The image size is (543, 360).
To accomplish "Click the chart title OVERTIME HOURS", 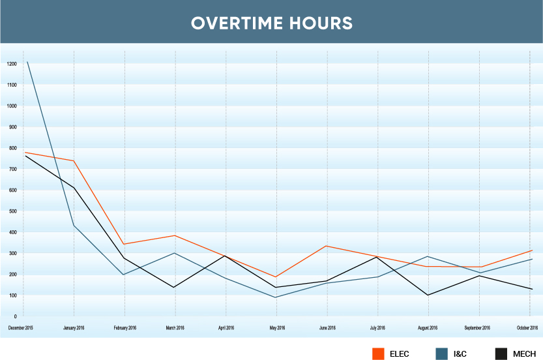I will click(271, 23).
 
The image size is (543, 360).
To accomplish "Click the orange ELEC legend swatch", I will click(377, 353).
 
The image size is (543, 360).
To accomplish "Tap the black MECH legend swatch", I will click(501, 353).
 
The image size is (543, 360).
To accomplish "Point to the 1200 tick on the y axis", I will click(12, 64).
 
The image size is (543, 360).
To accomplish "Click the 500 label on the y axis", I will click(12, 211).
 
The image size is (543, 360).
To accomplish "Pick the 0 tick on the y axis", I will click(14, 316).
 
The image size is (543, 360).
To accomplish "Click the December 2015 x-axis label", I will click(21, 327).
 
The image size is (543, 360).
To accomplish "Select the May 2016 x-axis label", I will click(277, 327).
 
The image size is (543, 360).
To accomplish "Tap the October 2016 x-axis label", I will click(527, 327).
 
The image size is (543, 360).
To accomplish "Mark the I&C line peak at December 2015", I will click(27, 62).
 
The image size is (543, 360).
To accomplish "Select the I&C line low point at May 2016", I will click(277, 297).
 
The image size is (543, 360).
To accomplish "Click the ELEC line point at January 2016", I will click(74, 160).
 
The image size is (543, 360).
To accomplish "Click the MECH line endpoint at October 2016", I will click(533, 289).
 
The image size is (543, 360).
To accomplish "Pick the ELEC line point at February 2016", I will click(125, 244).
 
